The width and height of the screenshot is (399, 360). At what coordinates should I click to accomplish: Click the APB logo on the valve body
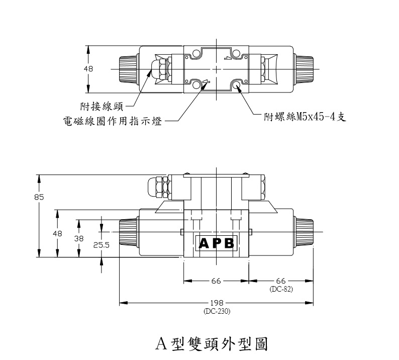[x=217, y=243]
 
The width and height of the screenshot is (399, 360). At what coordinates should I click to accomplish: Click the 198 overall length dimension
[x=216, y=303]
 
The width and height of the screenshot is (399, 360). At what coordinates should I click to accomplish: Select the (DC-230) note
[x=216, y=311]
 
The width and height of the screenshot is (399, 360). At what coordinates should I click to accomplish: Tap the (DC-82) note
[x=281, y=289]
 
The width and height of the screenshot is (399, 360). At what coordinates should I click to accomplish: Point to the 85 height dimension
[x=39, y=197]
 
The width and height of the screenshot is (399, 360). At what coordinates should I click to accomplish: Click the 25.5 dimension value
[x=102, y=245]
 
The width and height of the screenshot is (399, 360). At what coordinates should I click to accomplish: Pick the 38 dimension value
[x=79, y=239]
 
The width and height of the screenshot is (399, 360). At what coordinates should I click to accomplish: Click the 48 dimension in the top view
[x=88, y=69]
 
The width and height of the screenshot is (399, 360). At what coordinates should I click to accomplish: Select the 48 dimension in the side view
[x=57, y=233]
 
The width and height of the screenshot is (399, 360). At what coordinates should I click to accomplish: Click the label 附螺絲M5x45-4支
[x=305, y=117]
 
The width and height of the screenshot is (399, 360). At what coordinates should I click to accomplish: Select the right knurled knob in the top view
[x=304, y=69]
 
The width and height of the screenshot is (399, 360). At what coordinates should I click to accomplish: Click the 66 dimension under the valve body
[x=216, y=281]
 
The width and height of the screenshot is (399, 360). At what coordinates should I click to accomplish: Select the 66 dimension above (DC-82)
[x=281, y=281]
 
